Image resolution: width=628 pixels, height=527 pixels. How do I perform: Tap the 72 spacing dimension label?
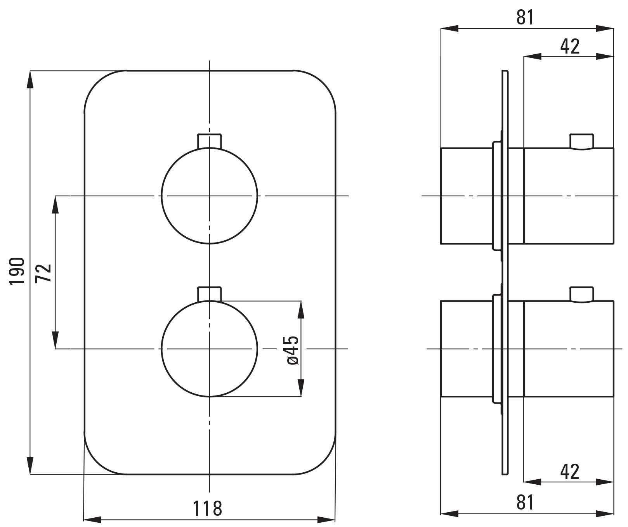pos(43,273)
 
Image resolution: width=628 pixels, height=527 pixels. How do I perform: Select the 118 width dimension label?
pos(208,508)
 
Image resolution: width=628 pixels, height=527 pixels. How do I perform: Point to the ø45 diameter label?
pos(293,350)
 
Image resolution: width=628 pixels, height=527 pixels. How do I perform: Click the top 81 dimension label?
pos(525,18)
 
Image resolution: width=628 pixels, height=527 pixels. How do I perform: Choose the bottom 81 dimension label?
pos(525,503)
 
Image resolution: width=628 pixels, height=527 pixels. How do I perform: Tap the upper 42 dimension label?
pos(570,46)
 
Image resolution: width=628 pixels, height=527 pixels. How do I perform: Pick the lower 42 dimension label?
pos(570,472)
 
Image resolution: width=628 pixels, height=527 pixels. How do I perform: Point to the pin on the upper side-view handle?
pos(581,141)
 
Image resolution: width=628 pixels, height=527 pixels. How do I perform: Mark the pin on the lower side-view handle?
pos(581,294)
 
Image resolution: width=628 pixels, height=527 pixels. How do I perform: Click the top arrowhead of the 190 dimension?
pos(30,79)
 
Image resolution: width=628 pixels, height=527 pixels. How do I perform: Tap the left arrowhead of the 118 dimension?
pos(93,520)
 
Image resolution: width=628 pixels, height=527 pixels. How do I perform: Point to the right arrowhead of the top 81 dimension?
pos(605,28)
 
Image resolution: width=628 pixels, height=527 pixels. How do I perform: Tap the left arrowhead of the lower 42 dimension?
pos(533,482)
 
